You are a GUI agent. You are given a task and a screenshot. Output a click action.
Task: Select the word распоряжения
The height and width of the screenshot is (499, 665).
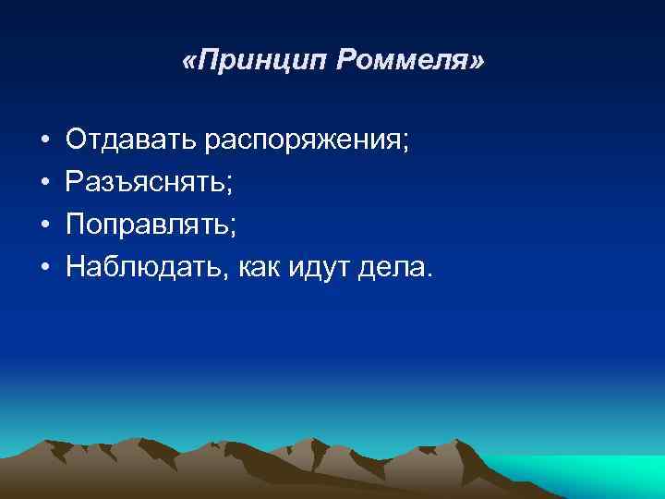coord(298,142)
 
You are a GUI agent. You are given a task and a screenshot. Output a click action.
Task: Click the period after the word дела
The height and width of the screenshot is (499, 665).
coord(428,274)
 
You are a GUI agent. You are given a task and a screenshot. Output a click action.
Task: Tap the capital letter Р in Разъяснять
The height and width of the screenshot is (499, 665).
coord(74,183)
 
